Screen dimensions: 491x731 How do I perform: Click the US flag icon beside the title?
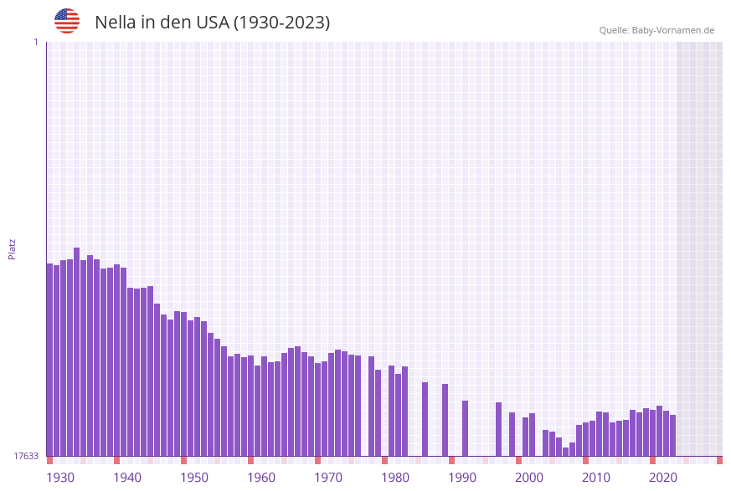click(67, 21)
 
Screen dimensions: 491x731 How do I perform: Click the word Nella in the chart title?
click(115, 23)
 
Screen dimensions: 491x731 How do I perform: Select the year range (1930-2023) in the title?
click(281, 23)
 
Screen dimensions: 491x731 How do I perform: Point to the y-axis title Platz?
click(12, 249)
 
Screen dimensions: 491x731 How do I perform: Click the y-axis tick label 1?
click(35, 42)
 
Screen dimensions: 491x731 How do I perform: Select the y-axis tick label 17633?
click(26, 456)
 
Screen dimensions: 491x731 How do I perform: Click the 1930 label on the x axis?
click(60, 478)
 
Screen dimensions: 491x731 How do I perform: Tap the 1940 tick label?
click(127, 478)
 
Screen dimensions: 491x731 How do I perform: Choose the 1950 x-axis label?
click(194, 478)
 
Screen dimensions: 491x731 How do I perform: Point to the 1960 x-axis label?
click(261, 478)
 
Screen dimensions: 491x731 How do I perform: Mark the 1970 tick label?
click(328, 478)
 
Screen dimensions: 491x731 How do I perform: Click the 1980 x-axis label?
click(395, 478)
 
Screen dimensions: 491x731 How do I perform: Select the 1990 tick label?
click(462, 478)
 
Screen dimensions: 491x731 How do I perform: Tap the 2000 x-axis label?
click(529, 478)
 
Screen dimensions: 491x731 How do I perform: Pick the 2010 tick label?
click(596, 478)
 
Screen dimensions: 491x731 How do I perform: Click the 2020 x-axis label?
click(663, 478)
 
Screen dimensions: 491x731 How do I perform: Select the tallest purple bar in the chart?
click(77, 351)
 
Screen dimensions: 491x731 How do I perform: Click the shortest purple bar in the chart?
click(566, 452)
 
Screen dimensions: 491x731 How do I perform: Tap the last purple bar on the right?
click(672, 435)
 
